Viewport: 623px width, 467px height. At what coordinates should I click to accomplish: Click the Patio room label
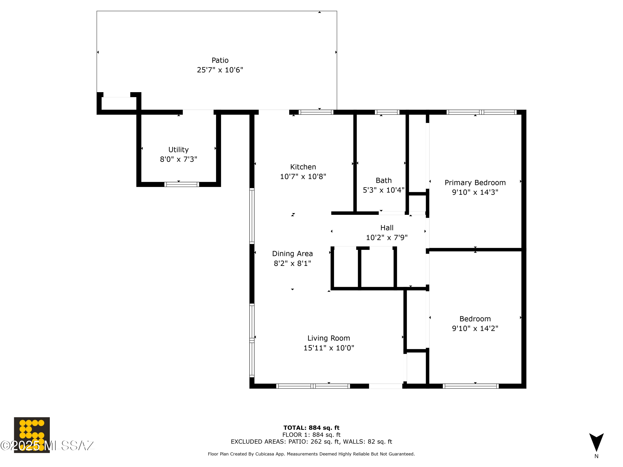pyautogui.click(x=220, y=60)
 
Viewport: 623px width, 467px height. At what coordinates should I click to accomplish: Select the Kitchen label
pyautogui.click(x=303, y=167)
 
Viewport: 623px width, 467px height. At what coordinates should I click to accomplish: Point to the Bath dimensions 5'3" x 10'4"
pyautogui.click(x=383, y=190)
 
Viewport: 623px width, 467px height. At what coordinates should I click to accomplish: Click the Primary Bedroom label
pyautogui.click(x=475, y=183)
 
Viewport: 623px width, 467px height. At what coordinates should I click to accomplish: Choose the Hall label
pyautogui.click(x=387, y=228)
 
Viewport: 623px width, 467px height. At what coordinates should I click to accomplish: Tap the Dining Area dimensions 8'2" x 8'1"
pyautogui.click(x=292, y=263)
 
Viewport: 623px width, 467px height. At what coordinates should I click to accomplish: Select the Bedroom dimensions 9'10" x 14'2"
pyautogui.click(x=475, y=328)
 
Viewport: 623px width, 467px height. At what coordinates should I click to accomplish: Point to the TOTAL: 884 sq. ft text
pyautogui.click(x=311, y=428)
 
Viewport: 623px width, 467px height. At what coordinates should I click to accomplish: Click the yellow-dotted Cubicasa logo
pyautogui.click(x=32, y=435)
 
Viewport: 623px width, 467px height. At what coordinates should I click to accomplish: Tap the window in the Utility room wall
pyautogui.click(x=182, y=184)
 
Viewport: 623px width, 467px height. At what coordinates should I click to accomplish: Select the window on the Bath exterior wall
pyautogui.click(x=387, y=112)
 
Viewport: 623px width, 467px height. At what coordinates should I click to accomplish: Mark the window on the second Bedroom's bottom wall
pyautogui.click(x=470, y=386)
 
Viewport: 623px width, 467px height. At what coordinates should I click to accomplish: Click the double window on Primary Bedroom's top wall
pyautogui.click(x=481, y=112)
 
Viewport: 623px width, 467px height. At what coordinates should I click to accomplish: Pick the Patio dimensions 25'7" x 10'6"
pyautogui.click(x=220, y=70)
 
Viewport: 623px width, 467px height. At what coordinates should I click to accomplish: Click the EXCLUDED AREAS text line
pyautogui.click(x=311, y=441)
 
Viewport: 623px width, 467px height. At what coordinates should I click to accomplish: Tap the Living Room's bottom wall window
pyautogui.click(x=313, y=386)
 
